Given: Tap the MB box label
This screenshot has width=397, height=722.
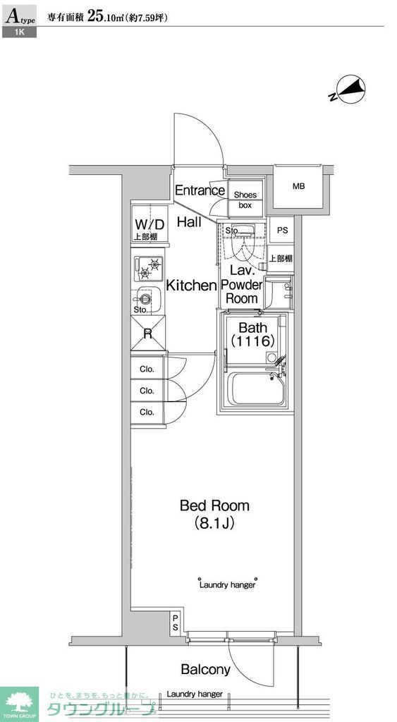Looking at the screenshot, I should (299, 187).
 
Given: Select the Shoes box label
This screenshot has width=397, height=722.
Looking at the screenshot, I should (245, 200).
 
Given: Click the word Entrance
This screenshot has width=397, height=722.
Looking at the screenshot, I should (200, 190).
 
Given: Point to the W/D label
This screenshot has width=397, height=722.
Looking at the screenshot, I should (149, 224).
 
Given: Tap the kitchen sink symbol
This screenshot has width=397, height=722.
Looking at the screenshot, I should (145, 299).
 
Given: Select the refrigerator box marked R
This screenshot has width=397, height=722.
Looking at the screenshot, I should (148, 334).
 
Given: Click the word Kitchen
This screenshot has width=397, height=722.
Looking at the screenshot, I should (190, 286).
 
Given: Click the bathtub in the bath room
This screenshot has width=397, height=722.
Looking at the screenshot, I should (258, 390).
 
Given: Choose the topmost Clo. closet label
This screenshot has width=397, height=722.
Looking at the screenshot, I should (147, 369).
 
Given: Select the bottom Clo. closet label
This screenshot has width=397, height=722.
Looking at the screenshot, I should (147, 412).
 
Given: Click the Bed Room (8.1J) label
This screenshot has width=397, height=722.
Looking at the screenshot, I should (214, 514).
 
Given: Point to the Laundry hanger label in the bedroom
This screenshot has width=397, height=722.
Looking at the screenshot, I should (227, 585).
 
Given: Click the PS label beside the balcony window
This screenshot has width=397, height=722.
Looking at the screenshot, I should (175, 623).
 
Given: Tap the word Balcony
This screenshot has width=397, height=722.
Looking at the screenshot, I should (205, 669).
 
